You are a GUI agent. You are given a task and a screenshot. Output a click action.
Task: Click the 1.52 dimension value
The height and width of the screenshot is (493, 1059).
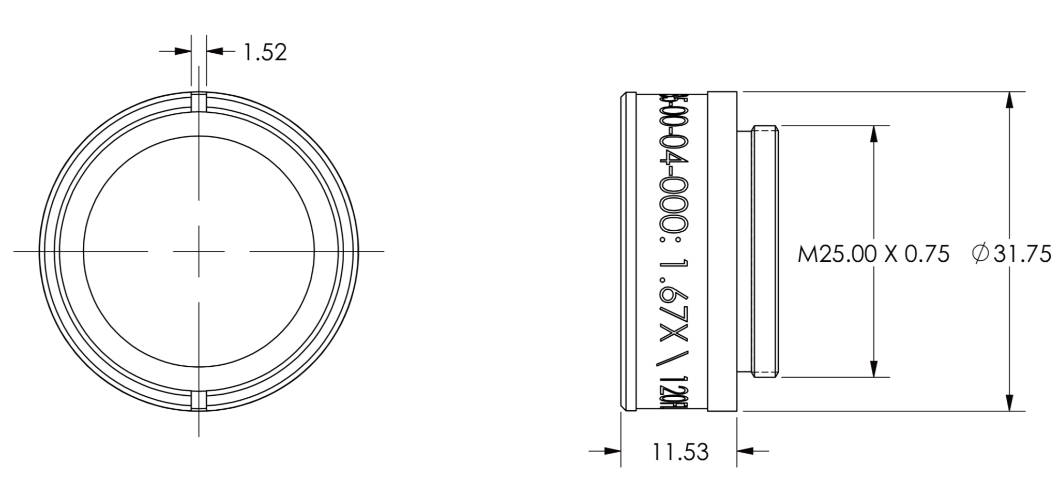coord(265,52)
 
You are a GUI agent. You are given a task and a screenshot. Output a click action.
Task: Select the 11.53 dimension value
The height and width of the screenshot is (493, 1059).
coord(679,452)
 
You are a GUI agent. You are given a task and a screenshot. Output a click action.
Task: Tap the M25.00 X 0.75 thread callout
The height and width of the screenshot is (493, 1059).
coord(873,254)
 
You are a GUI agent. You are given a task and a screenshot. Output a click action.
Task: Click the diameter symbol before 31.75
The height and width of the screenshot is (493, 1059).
coord(979,254)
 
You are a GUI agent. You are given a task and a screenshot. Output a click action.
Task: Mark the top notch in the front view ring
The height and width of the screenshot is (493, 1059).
coord(199,102)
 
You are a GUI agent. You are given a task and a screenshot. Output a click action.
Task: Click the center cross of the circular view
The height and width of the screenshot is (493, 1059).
coord(199,251)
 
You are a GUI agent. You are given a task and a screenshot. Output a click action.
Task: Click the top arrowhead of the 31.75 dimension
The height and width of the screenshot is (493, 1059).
coord(1009,100)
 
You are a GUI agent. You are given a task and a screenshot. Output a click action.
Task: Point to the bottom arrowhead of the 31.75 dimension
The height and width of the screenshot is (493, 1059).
coord(1009,402)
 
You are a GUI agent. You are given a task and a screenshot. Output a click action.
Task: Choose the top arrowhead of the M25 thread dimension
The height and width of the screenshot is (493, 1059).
coord(873,134)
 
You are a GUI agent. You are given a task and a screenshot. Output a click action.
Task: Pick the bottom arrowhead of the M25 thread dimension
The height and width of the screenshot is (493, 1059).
coord(873,369)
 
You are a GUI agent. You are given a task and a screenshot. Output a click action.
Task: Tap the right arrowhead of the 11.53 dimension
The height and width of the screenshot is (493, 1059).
coord(745,451)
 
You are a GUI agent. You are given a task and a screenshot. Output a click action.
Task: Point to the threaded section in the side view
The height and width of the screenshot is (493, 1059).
coord(766,251)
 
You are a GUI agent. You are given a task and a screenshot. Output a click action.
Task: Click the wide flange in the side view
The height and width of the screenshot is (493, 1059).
coord(722,251)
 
